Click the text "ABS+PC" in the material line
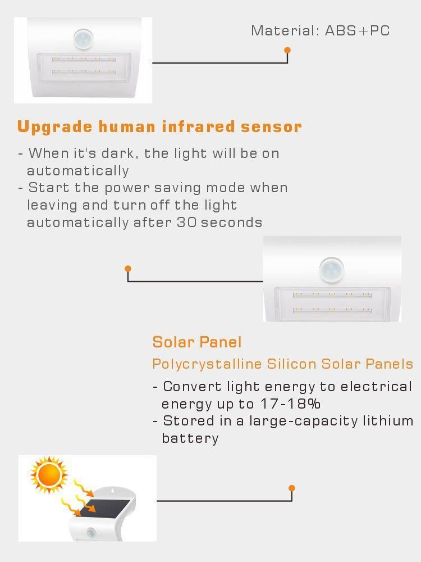[x=357, y=31]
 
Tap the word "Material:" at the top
[x=285, y=31]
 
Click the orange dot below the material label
[x=287, y=50]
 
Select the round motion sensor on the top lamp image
[x=84, y=39]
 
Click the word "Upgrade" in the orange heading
[x=55, y=127]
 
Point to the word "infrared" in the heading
[x=198, y=126]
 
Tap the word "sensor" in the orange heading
[x=271, y=127]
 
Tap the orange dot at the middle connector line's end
[x=128, y=269]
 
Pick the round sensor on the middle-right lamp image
[x=332, y=270]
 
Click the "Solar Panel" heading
[x=197, y=342]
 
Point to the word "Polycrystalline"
[x=207, y=364]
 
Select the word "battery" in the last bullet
[x=190, y=438]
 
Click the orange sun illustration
[x=49, y=475]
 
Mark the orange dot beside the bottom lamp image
[x=291, y=488]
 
